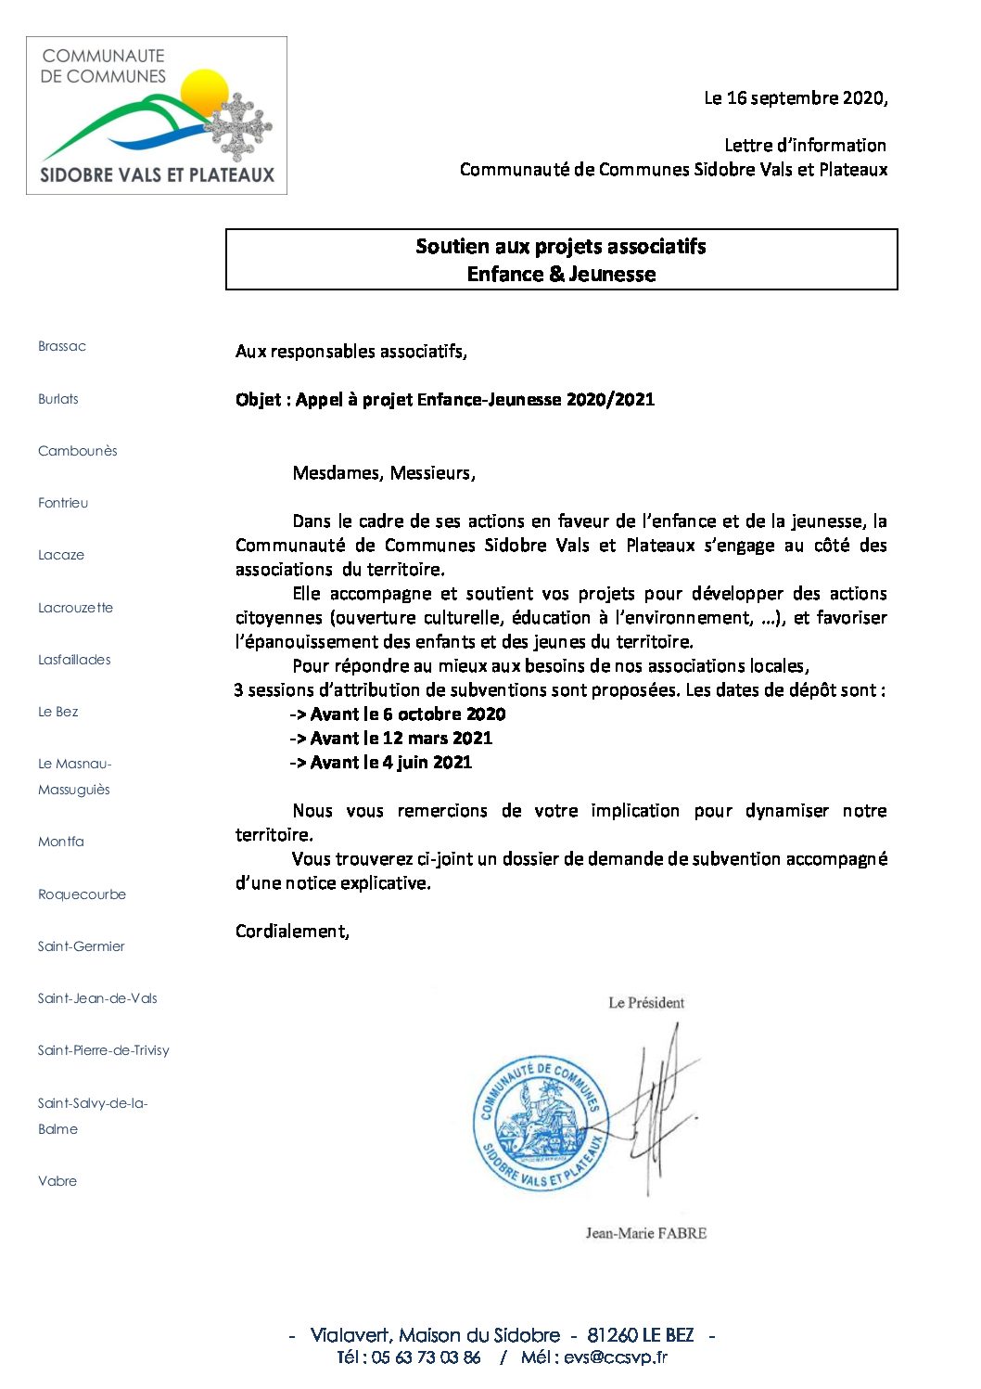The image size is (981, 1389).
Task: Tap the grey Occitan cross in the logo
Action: tap(240, 126)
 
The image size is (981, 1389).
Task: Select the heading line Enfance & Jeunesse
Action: tap(561, 275)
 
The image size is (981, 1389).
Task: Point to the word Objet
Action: tap(258, 400)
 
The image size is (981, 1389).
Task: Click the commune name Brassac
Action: tap(62, 346)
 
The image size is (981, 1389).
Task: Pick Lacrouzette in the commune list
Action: tap(75, 608)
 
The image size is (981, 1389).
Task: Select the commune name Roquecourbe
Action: tap(82, 894)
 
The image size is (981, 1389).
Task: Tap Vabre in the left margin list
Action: tap(57, 1181)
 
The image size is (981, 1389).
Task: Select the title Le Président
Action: tap(646, 1003)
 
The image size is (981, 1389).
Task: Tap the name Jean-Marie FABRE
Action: tap(645, 1233)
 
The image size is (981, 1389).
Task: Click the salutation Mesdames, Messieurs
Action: tap(384, 473)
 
